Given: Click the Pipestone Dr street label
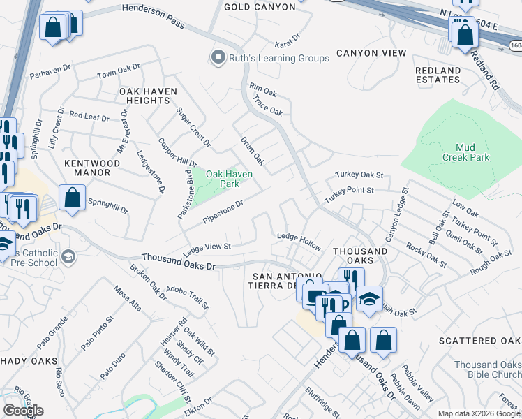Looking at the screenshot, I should (x=223, y=212).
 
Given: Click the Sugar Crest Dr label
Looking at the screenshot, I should (x=193, y=127).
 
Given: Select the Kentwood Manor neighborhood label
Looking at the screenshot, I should (x=97, y=168).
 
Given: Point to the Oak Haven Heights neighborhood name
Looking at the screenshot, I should (x=147, y=96).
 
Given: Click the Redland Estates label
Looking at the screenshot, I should (x=438, y=75).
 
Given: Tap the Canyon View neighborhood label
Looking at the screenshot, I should (x=371, y=53).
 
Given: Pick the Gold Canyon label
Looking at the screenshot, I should (x=255, y=7).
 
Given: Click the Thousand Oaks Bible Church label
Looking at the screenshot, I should (x=487, y=369).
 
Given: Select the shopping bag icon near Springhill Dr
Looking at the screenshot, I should (x=73, y=198).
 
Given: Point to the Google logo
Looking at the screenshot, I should (x=23, y=411).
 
